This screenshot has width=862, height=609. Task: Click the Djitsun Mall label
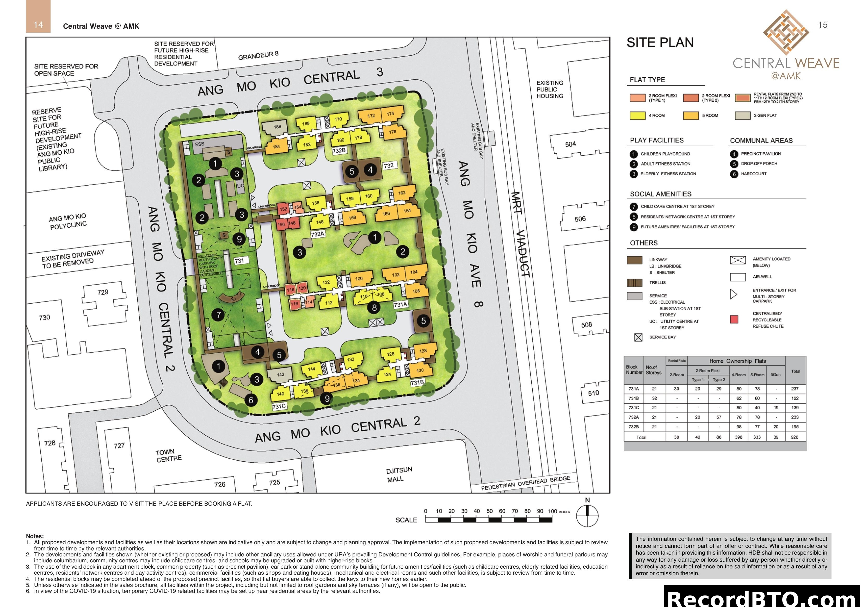point(399,475)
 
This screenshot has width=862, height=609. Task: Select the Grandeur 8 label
point(258,55)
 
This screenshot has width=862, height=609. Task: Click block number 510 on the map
point(593,393)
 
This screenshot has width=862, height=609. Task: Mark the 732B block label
point(339,150)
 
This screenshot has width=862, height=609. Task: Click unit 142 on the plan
point(280,374)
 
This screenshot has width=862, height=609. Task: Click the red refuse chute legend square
point(734,319)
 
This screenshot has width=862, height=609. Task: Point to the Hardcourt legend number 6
point(734,174)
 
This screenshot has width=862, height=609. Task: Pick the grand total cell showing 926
point(795,437)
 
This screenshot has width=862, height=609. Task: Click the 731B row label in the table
point(633,398)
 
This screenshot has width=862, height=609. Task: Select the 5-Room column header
point(757,374)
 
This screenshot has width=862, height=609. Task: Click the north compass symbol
point(587,516)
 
